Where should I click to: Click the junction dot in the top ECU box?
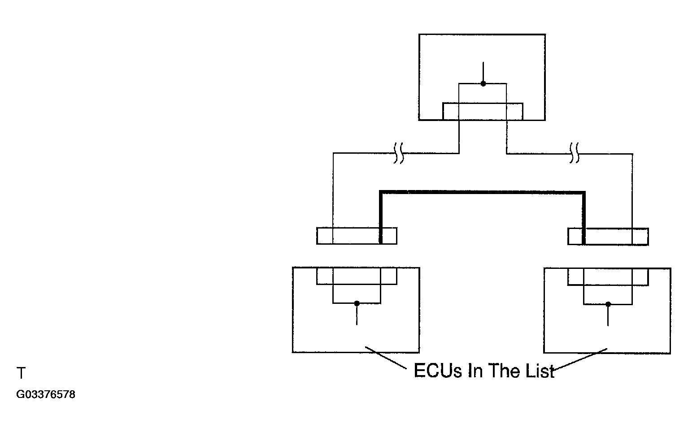(x=483, y=83)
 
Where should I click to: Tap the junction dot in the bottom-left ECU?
(x=357, y=303)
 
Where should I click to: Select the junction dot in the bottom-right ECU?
(x=608, y=304)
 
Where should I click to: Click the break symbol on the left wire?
(x=399, y=153)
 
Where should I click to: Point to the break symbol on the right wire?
(x=575, y=153)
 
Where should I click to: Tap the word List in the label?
(x=540, y=371)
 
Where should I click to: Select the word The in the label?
(x=504, y=371)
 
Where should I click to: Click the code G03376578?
(x=46, y=394)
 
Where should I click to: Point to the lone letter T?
(x=21, y=373)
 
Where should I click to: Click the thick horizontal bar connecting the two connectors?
(x=482, y=192)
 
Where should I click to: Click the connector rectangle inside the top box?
(x=483, y=104)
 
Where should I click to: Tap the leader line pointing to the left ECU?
(x=386, y=358)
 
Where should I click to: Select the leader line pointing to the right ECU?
(x=580, y=359)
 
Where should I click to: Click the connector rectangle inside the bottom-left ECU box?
(x=357, y=284)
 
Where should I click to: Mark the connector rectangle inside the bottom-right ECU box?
(x=608, y=285)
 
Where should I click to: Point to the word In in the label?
(x=475, y=371)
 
